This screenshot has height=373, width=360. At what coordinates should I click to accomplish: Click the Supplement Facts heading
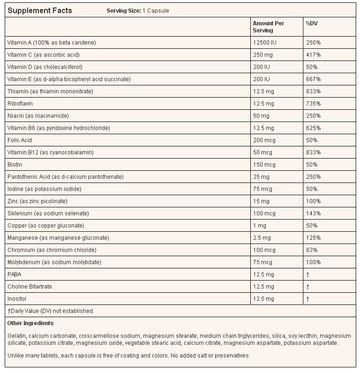40,10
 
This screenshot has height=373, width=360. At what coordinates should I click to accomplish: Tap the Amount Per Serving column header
268,27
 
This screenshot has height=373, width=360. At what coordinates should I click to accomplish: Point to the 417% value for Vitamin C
313,55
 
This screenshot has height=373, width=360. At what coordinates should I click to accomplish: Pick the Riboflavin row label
20,104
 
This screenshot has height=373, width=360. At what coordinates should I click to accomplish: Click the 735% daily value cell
313,104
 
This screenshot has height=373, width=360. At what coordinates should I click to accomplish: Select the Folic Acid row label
20,140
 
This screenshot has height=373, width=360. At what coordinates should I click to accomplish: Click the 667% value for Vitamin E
313,79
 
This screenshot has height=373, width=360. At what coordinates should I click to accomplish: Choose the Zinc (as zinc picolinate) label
37,201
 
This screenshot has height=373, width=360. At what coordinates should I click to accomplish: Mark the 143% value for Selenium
313,213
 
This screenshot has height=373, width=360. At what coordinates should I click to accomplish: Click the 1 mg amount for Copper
259,226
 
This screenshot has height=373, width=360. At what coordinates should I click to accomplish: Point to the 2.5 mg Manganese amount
262,238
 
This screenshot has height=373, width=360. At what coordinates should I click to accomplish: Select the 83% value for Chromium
312,250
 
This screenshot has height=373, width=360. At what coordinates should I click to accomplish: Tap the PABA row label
15,274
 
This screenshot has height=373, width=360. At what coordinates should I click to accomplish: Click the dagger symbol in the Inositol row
307,299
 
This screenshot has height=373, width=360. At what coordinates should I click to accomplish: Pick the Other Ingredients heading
30,323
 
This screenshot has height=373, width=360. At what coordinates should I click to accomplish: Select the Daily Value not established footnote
51,311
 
